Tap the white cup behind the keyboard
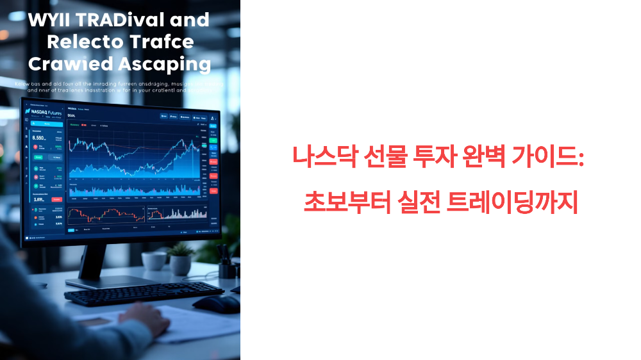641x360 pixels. (154, 260)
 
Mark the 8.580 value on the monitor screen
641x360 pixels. (38, 137)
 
